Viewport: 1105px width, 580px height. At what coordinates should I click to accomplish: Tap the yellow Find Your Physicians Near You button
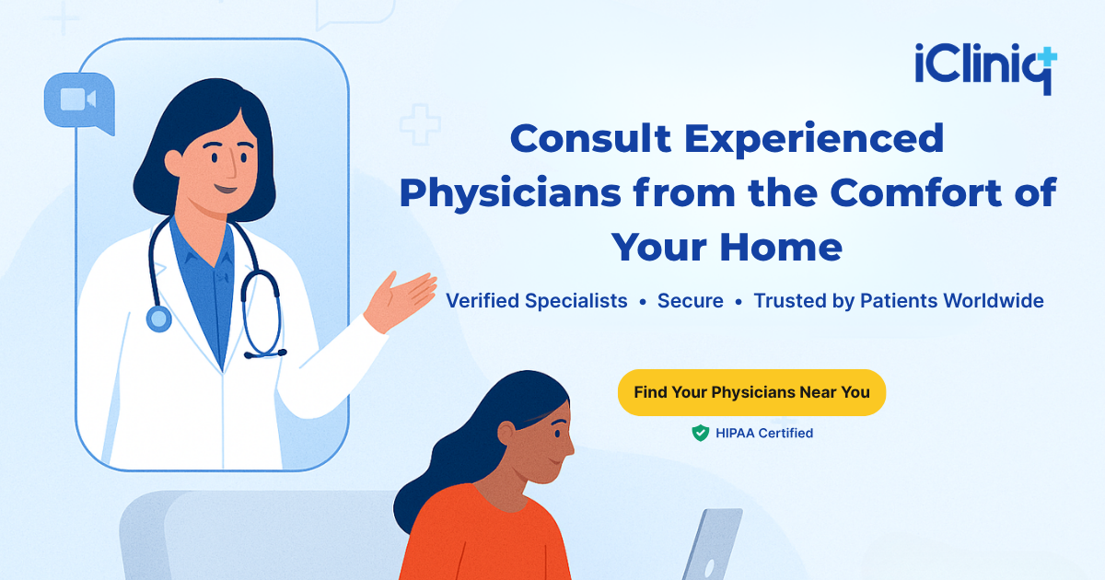(x=751, y=392)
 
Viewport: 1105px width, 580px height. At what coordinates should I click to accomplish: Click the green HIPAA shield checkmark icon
(x=701, y=433)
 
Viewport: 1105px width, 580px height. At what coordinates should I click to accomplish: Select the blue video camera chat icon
(x=77, y=99)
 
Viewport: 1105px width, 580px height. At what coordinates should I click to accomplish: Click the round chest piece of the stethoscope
(x=158, y=319)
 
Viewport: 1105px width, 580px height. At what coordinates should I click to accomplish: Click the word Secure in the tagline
(x=690, y=301)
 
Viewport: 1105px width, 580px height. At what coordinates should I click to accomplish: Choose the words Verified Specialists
(x=536, y=301)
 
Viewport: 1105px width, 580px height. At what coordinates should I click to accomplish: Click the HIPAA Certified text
(x=764, y=433)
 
